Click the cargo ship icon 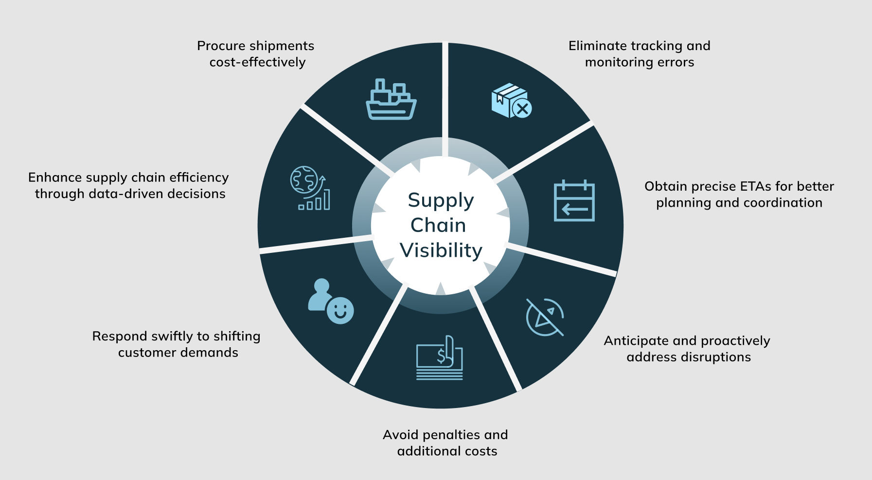pos(391,100)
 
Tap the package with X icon pos(511,101)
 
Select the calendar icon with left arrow pos(574,200)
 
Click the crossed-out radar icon pos(545,317)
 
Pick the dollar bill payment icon pos(439,358)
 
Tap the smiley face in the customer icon pos(340,310)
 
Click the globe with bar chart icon pos(310,188)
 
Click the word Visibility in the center pos(441,250)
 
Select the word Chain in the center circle pos(438,225)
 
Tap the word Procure pos(221,46)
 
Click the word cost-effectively pos(257,62)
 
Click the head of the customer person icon pos(321,285)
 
